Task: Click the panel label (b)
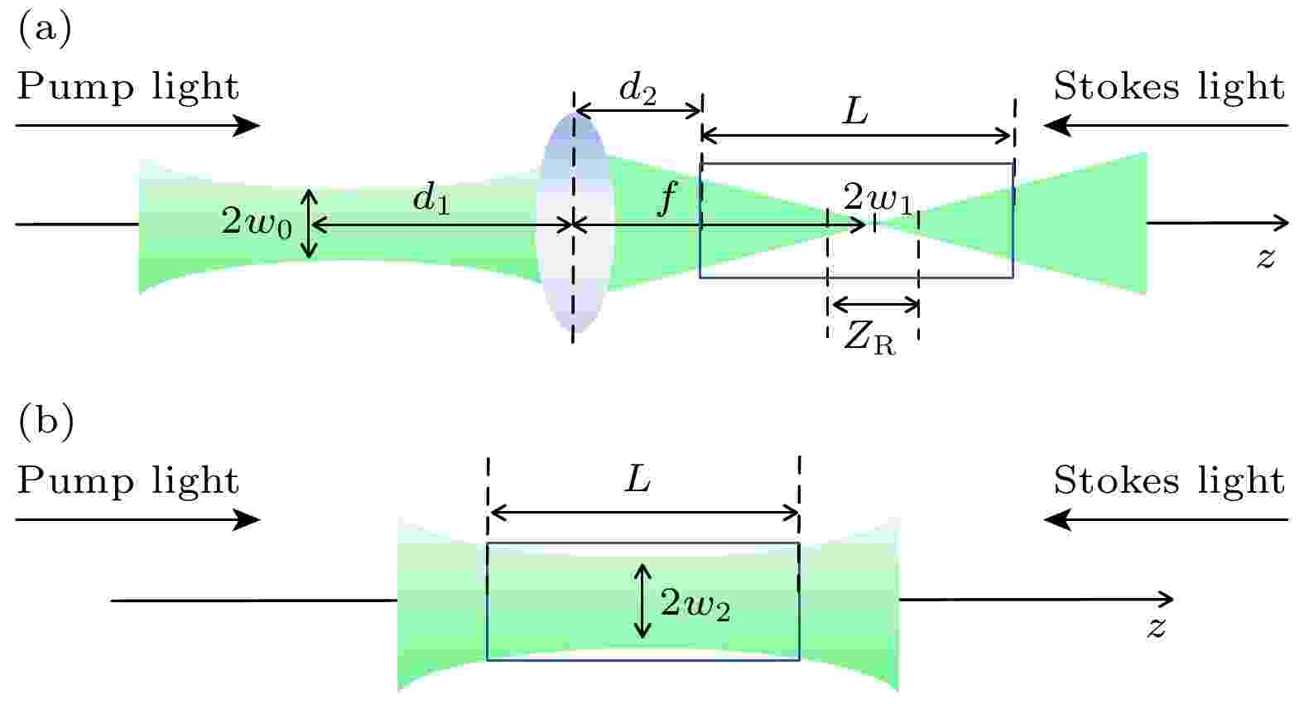46,421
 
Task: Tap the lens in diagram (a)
574,224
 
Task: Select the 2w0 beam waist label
257,222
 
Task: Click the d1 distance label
432,200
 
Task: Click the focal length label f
666,200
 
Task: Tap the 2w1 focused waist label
878,199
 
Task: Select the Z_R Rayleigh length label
869,339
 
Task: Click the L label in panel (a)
854,111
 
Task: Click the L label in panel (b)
638,480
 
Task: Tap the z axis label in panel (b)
1157,627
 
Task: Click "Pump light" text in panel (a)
128,87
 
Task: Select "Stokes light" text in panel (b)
1168,480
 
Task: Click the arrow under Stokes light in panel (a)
1166,126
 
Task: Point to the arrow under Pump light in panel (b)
137,520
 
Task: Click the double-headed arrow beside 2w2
642,600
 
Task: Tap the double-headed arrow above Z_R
874,304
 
